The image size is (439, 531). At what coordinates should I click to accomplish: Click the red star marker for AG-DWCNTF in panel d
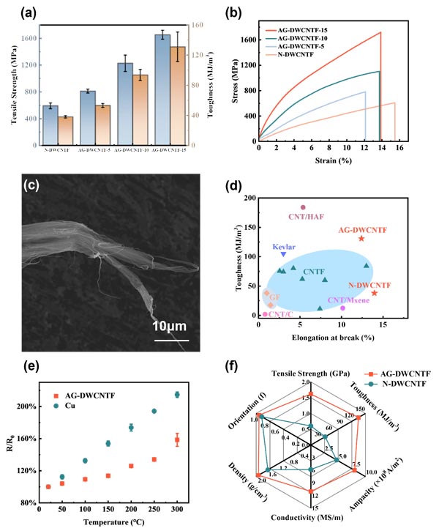[x=361, y=239]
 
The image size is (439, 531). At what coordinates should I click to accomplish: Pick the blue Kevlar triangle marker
[x=284, y=253]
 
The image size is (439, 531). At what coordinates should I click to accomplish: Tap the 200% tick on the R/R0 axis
[x=27, y=406]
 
